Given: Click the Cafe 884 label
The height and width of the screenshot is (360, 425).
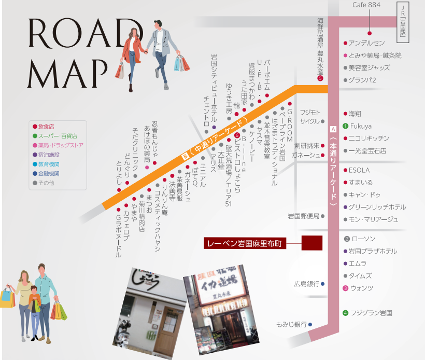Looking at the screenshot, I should [x=366, y=5].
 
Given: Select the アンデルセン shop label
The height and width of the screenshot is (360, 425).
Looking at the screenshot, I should [x=366, y=43].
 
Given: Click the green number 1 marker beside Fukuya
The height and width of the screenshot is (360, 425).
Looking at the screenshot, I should [x=345, y=126].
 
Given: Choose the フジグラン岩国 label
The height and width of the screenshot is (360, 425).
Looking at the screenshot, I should [x=371, y=313].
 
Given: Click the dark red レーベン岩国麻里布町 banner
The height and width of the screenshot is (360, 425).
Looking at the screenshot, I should [x=244, y=243].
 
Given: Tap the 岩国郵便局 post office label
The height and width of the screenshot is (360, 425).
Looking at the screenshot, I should [x=303, y=216].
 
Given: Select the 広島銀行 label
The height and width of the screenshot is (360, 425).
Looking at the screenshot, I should [x=306, y=284].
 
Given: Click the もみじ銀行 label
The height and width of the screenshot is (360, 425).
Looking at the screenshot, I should [x=292, y=325].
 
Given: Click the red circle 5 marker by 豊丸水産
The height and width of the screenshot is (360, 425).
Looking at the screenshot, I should [x=320, y=78].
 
